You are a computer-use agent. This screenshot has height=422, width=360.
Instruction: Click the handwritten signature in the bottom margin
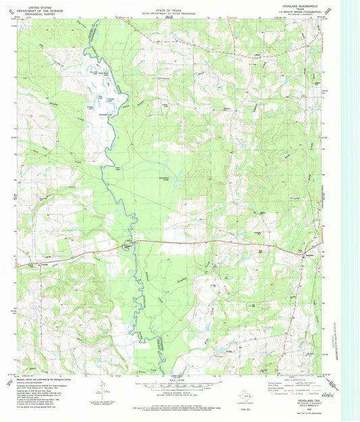328,394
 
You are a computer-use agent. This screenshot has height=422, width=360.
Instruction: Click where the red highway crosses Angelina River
132,243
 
